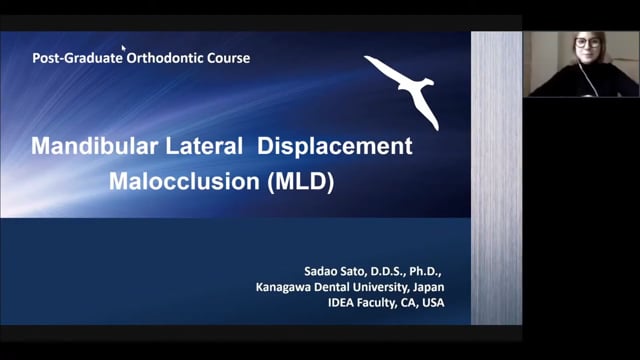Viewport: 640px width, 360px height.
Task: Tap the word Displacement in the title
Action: click(x=334, y=146)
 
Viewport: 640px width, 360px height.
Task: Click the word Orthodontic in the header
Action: click(x=164, y=58)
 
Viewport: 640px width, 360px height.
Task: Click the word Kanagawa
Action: click(x=286, y=285)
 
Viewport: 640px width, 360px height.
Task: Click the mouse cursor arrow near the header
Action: click(x=123, y=47)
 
